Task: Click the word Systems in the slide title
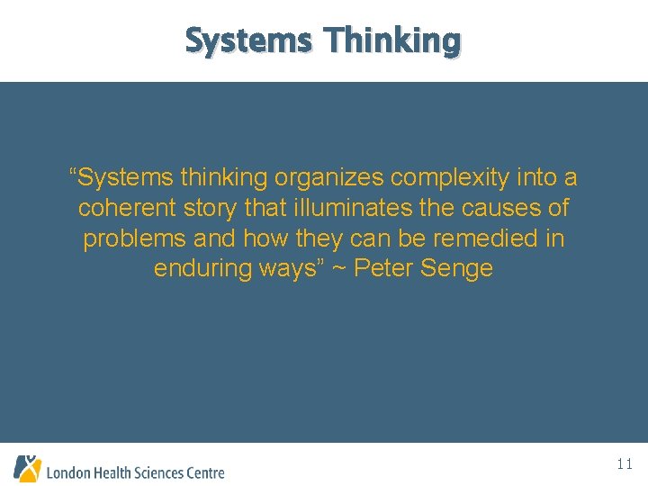coord(247,40)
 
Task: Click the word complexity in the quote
coord(445,178)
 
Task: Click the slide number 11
coord(625,464)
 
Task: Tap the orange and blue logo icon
coord(27,468)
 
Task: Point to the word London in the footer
coord(68,472)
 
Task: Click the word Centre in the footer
coord(204,472)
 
